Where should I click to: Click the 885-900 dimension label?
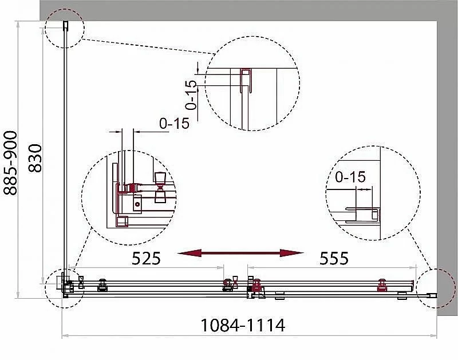coord(10,163)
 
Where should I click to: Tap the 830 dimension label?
coord(35,158)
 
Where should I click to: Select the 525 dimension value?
coord(147,258)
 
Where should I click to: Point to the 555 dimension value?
coord(334,258)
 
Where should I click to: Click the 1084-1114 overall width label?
coord(243,325)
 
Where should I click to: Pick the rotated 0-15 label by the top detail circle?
coord(191,95)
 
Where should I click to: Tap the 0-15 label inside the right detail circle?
coord(350,177)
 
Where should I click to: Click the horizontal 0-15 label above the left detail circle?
coord(175,124)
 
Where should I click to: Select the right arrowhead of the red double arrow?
coord(291,253)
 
